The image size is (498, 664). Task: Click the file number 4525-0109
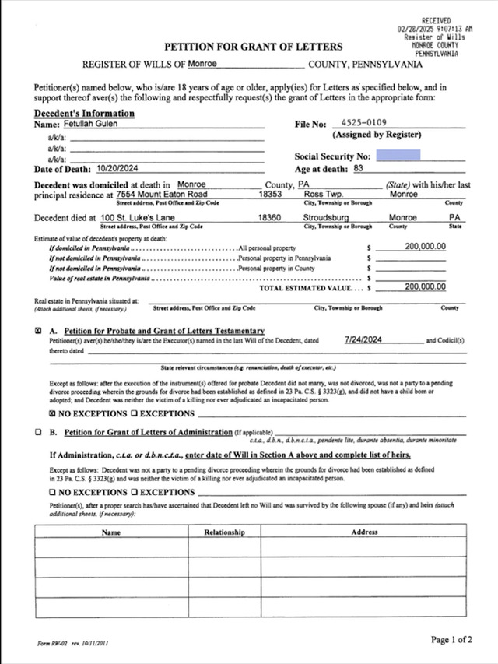[364, 123]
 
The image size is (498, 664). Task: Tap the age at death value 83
[358, 168]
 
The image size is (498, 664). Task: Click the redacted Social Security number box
[398, 155]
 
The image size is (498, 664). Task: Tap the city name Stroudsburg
[326, 218]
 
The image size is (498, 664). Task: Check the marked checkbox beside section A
[39, 331]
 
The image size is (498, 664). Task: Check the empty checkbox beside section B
[39, 431]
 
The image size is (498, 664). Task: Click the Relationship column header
[224, 532]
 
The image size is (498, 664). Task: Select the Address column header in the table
[364, 532]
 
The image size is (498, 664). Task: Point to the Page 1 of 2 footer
[451, 640]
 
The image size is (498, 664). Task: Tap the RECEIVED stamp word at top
[436, 19]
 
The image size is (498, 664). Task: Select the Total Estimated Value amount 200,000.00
[425, 286]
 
